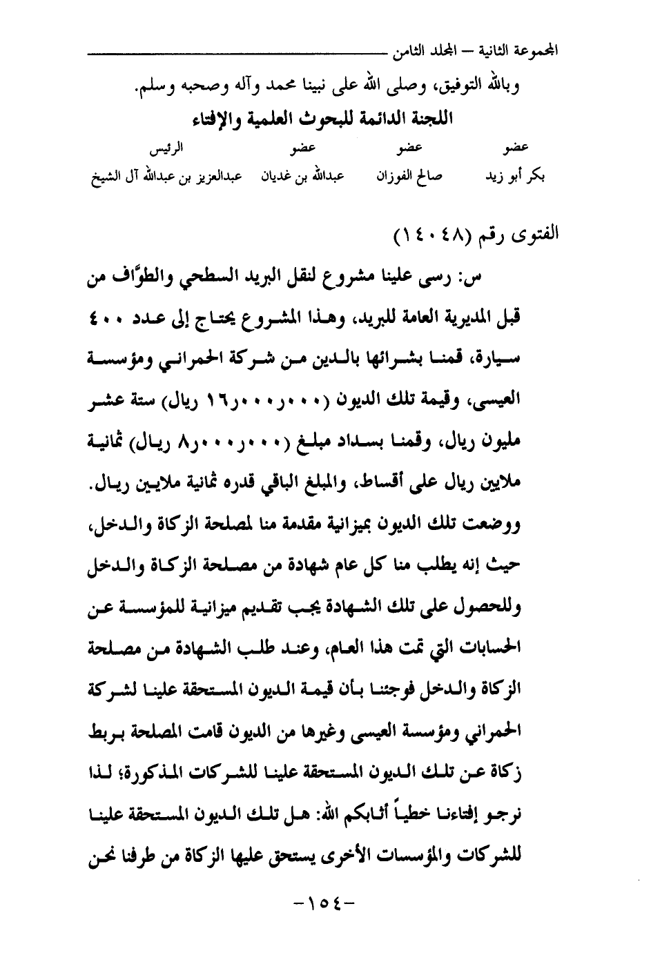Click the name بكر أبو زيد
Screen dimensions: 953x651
pos(515,177)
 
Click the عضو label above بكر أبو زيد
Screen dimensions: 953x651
pos(516,148)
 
